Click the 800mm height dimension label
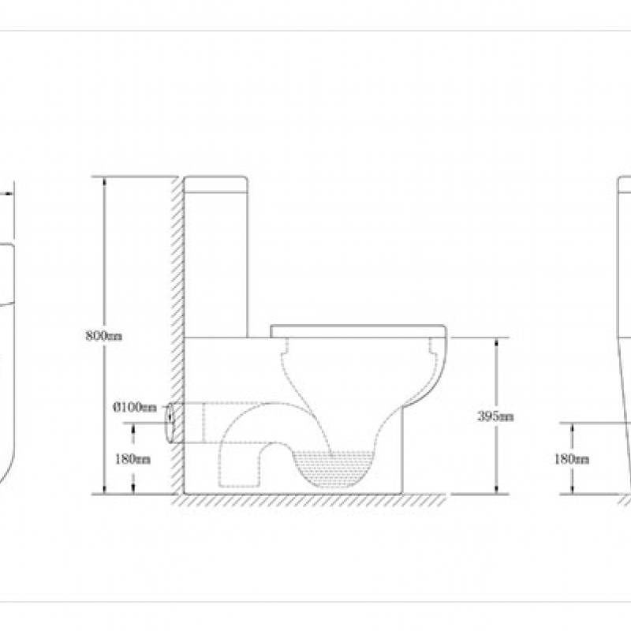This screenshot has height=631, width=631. tap(104, 335)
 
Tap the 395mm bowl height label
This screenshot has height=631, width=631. tap(495, 416)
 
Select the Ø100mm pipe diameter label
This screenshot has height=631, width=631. tap(134, 407)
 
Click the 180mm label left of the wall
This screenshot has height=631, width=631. tap(133, 459)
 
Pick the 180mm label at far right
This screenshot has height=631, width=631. tap(571, 459)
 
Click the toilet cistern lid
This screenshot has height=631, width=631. tap(215, 185)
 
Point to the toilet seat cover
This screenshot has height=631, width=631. tap(358, 331)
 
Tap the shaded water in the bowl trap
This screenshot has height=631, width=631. tap(332, 468)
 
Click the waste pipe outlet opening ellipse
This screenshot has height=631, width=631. tap(170, 424)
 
